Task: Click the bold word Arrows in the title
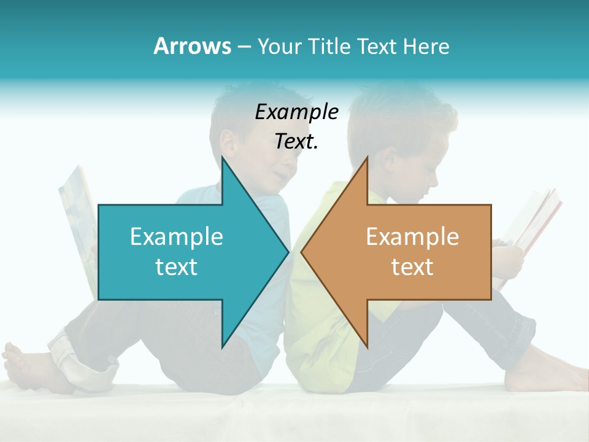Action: [x=192, y=46]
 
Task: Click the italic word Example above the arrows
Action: [x=296, y=112]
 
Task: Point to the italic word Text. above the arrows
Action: [x=296, y=142]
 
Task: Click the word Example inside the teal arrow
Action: [x=177, y=237]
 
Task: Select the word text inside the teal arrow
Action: [x=177, y=267]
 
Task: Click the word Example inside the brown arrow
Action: [x=412, y=237]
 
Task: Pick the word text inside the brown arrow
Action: [x=412, y=267]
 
